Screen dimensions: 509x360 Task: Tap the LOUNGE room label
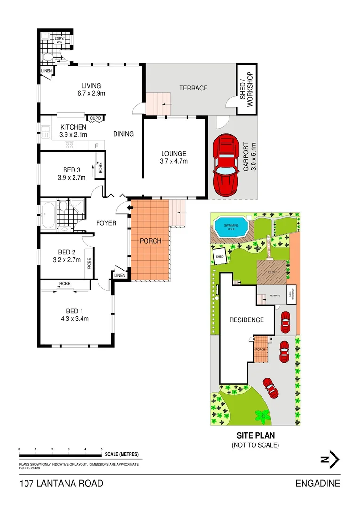coord(174,153)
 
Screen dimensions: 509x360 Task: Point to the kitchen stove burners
coord(69,145)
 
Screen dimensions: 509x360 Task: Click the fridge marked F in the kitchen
coord(97,146)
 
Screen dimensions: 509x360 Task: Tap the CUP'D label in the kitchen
coord(94,118)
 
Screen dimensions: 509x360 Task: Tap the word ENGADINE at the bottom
coord(318,484)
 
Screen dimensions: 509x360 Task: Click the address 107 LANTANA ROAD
coord(61,484)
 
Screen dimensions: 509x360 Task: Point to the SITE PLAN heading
coord(255,436)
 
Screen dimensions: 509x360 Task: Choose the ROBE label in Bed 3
coord(100,167)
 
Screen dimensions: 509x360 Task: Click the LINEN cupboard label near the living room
coord(46,71)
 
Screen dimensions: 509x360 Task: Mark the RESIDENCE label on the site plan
coord(246,320)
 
